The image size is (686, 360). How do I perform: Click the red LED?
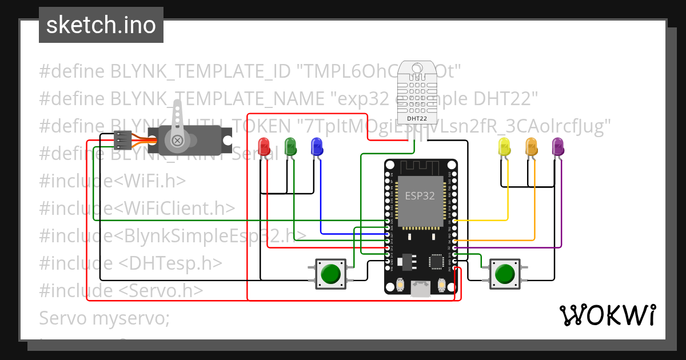(264, 146)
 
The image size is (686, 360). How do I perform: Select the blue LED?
(316, 146)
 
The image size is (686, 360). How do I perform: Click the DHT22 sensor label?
(416, 118)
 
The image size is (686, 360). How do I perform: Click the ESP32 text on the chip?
(420, 195)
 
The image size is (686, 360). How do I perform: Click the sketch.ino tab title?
(101, 26)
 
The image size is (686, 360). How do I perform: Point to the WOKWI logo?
(607, 315)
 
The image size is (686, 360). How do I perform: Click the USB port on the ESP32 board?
(421, 290)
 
